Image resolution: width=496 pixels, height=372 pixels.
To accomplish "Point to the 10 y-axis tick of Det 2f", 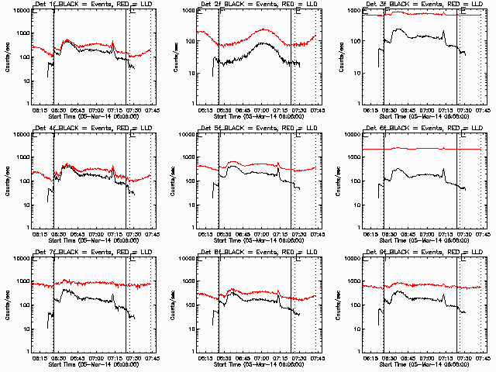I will click(x=191, y=74).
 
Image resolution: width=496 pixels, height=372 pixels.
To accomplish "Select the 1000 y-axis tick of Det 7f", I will click(x=22, y=282).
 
